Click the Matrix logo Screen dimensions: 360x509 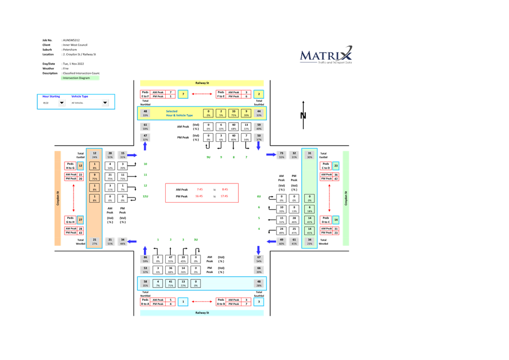coord(326,55)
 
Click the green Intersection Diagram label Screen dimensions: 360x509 coord(80,78)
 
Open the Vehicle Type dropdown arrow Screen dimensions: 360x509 coord(105,103)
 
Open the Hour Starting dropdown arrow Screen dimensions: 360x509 coord(61,103)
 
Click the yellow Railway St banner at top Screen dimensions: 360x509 coord(202,83)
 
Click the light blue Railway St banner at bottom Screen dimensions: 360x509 coord(202,313)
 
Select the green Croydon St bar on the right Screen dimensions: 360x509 coord(346,198)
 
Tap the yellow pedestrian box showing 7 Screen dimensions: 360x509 coord(183,94)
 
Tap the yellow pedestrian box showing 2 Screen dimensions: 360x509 coord(258,94)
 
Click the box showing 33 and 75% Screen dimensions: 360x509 coord(233,113)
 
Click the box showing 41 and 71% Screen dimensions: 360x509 coord(171,283)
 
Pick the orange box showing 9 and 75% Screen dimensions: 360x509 coord(94,177)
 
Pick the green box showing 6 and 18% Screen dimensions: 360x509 coord(310,209)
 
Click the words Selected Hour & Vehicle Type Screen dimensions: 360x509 coord(172,113)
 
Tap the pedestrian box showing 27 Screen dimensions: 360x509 coord(80,220)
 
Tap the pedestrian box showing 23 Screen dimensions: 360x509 coord(336,166)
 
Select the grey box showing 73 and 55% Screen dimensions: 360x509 coord(281,155)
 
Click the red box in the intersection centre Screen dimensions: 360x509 coord(201,193)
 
